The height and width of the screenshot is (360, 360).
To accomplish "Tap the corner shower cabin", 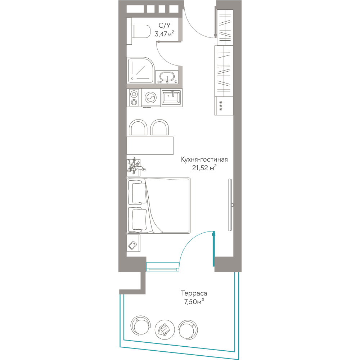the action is point(140,70).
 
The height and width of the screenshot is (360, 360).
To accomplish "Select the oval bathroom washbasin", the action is point(167,76).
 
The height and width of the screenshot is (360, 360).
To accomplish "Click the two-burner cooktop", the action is point(134,98).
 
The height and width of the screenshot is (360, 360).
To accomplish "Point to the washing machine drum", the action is point(150,98).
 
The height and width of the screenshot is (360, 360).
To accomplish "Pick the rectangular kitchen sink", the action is point(171,97).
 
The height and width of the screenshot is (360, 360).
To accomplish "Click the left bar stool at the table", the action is point(138,127).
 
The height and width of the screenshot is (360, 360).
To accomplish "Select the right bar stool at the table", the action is point(159,127).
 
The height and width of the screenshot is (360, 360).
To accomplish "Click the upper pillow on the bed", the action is point(138,192).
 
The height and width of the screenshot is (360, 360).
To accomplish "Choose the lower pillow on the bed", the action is point(138,219).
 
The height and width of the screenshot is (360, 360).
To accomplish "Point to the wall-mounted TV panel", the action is point(230,205).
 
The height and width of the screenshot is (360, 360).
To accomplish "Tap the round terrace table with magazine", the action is point(165,330).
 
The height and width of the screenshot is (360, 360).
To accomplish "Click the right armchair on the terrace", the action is point(188,330).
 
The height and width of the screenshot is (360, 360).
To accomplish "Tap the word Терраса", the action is point(194,293).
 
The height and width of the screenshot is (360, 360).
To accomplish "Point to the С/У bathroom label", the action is point(165,25).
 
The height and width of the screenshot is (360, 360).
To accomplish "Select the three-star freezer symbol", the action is point(221,106).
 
